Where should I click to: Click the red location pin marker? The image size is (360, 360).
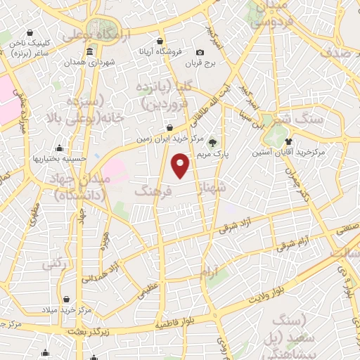click(x=181, y=165)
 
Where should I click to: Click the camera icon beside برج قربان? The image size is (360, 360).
click(x=200, y=53)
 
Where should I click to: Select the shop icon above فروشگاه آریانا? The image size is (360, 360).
click(x=160, y=40)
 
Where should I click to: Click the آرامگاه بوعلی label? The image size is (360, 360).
click(x=96, y=35)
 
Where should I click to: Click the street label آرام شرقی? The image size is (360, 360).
click(x=295, y=243)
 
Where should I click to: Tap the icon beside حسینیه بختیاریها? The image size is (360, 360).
click(x=60, y=148)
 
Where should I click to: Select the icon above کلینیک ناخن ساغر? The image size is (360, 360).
click(x=30, y=32)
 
